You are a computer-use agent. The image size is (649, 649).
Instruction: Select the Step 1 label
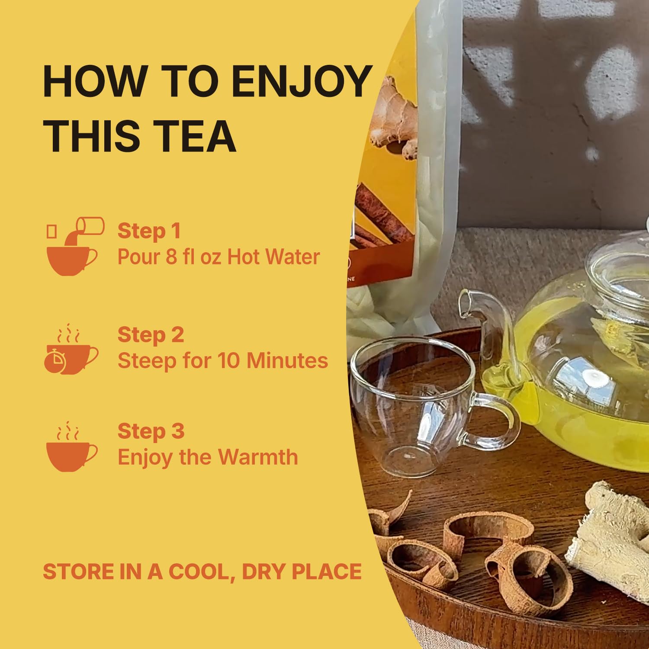point(149,231)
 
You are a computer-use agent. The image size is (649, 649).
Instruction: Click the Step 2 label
point(151,335)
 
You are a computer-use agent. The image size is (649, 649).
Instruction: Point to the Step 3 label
point(151,431)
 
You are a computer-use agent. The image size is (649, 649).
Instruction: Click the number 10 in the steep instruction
point(229,360)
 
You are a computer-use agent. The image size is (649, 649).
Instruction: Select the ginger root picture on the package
point(394,117)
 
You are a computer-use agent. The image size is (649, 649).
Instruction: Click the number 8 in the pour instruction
point(171,257)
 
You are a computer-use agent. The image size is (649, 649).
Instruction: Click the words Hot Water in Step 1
point(273,257)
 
